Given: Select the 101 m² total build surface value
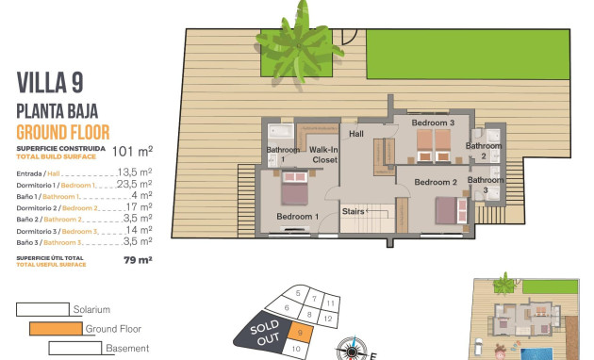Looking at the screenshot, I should click(132, 150).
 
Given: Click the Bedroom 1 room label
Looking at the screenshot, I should click(296, 216).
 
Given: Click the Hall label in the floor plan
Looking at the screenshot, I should click(356, 134).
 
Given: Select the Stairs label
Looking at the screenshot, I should click(354, 211).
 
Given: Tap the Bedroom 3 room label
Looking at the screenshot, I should click(433, 123).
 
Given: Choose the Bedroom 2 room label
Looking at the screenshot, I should click(436, 182).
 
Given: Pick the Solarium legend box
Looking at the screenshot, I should click(42, 309).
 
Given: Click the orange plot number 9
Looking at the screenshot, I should click(299, 331).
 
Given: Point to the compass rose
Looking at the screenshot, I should click(352, 351).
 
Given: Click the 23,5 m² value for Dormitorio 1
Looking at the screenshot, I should click(135, 186).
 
